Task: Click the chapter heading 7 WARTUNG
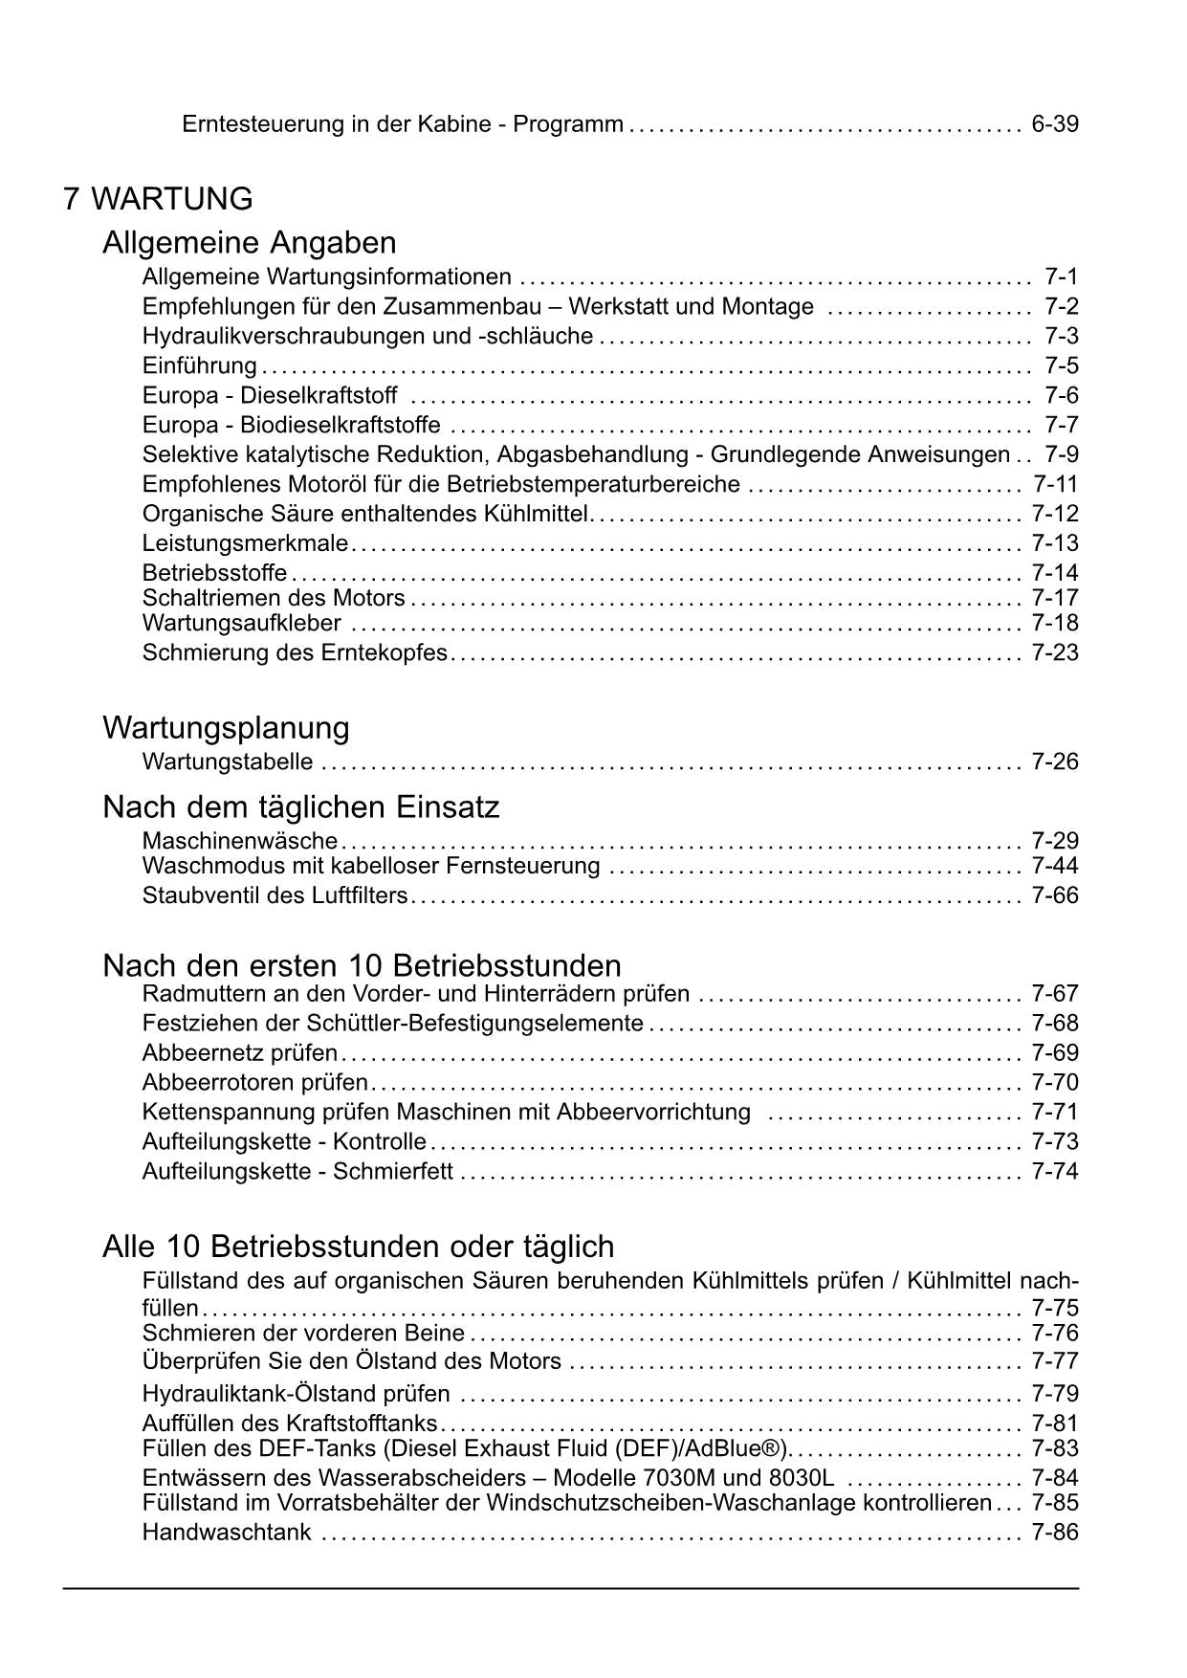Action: tap(158, 199)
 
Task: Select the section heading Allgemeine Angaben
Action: tap(249, 241)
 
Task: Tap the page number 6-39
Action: tap(1055, 124)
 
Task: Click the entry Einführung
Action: tap(199, 365)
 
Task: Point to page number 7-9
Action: tap(1062, 454)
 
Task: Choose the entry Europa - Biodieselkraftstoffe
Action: tap(291, 425)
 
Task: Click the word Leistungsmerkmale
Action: tap(245, 543)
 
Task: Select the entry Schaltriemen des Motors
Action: tap(274, 598)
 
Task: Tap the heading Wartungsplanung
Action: tap(226, 728)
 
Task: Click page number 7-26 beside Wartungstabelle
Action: tap(1055, 762)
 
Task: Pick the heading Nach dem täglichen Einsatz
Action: tap(300, 807)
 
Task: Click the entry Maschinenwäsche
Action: tap(239, 841)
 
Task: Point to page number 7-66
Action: tap(1055, 895)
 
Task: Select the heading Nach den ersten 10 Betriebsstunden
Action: tap(362, 965)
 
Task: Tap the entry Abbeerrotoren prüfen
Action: tap(254, 1082)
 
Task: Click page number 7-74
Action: tap(1055, 1171)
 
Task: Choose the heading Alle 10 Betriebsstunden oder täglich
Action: tap(358, 1247)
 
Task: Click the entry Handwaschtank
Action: tap(227, 1532)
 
